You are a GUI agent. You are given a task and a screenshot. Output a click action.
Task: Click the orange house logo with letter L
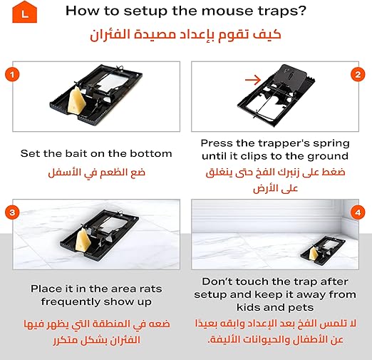(24, 12)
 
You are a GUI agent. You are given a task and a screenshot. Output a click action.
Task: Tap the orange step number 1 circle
(12, 75)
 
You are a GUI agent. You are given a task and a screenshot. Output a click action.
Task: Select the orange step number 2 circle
(358, 75)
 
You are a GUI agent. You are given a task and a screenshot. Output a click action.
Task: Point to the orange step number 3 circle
(12, 212)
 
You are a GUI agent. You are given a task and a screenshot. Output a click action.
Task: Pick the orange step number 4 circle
(358, 212)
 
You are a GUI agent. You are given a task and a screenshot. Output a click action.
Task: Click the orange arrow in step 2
(253, 80)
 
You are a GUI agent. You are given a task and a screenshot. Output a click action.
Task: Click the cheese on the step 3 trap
(83, 240)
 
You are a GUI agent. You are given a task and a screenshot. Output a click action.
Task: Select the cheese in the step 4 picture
(314, 254)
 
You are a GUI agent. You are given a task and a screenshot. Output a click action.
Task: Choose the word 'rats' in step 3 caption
(150, 289)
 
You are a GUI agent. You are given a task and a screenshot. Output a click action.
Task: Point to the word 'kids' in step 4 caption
(249, 307)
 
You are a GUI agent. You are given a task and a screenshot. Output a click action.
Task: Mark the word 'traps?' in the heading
(282, 11)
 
